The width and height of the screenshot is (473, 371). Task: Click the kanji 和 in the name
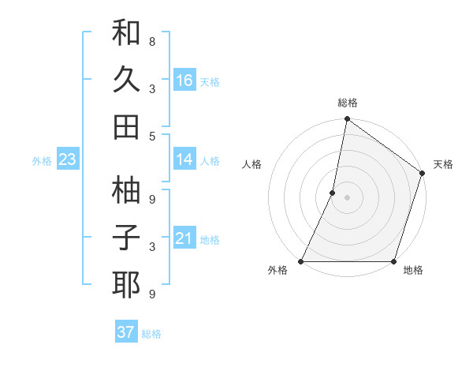[x=126, y=34]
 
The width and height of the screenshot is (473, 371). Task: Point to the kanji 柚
[x=126, y=190]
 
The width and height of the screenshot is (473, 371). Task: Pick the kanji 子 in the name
[x=126, y=238]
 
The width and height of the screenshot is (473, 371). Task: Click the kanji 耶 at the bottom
[x=126, y=284]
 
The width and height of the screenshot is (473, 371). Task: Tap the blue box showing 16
[x=184, y=80]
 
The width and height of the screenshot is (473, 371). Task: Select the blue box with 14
[x=184, y=159]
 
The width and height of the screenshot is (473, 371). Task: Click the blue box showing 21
[x=184, y=238]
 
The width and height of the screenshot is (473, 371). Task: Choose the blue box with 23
[x=67, y=159]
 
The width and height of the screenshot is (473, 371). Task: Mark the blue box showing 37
[x=126, y=332]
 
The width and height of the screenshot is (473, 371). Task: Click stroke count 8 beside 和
[x=152, y=42]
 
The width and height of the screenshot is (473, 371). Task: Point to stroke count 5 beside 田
[x=152, y=136]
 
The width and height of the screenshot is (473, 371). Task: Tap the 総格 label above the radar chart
[x=348, y=103]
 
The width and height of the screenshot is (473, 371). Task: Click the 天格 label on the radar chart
[x=443, y=164]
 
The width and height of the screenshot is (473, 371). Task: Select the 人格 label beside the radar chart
[x=251, y=164]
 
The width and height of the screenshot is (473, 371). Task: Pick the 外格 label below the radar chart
[x=277, y=271]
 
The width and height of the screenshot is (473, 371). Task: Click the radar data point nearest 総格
[x=347, y=120]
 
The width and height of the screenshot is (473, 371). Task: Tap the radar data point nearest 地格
[x=393, y=261]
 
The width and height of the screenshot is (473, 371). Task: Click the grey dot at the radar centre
[x=347, y=197]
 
